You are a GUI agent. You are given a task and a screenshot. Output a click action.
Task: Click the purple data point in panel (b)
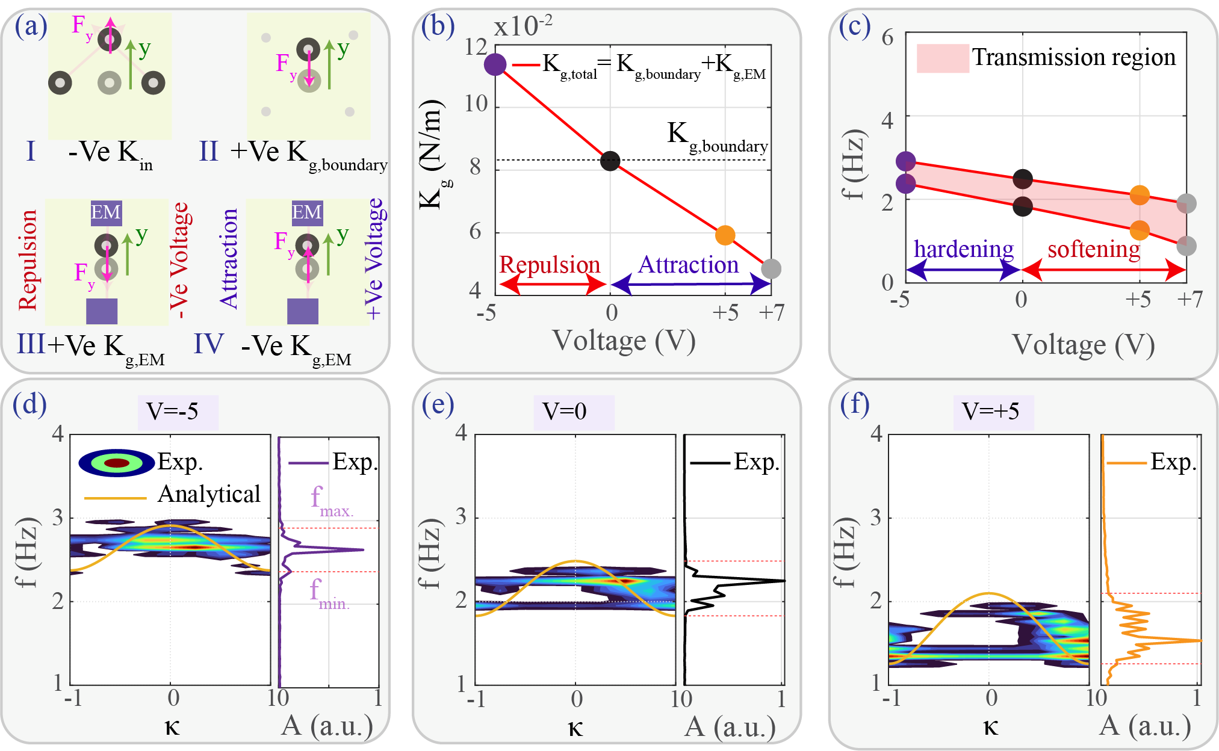tap(495, 64)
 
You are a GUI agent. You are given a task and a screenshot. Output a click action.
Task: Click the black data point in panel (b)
tap(610, 161)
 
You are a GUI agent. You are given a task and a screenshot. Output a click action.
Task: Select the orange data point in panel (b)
tap(725, 235)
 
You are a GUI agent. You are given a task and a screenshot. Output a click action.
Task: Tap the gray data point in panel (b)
tap(771, 269)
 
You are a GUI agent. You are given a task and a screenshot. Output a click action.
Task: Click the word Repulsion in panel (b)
tap(550, 265)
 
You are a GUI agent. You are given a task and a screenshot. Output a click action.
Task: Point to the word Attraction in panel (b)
tap(688, 265)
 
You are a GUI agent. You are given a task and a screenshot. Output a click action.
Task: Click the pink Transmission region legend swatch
tap(942, 58)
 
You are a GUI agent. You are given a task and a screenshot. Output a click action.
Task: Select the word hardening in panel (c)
tap(963, 249)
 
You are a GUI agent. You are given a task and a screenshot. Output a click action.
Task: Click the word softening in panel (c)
tap(1094, 249)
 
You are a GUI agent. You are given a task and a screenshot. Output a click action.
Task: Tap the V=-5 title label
tap(173, 412)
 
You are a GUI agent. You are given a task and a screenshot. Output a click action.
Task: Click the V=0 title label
tap(565, 412)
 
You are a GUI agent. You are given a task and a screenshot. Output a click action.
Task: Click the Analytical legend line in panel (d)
tap(115, 498)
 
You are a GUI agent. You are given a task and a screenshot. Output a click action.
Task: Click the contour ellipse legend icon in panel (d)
tap(117, 463)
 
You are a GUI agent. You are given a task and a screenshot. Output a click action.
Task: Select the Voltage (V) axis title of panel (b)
tap(624, 341)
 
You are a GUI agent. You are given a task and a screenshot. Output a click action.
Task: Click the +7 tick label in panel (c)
tap(1190, 299)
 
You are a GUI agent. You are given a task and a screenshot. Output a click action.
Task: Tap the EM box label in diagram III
tap(106, 212)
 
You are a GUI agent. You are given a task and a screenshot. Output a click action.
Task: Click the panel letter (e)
tap(438, 404)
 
